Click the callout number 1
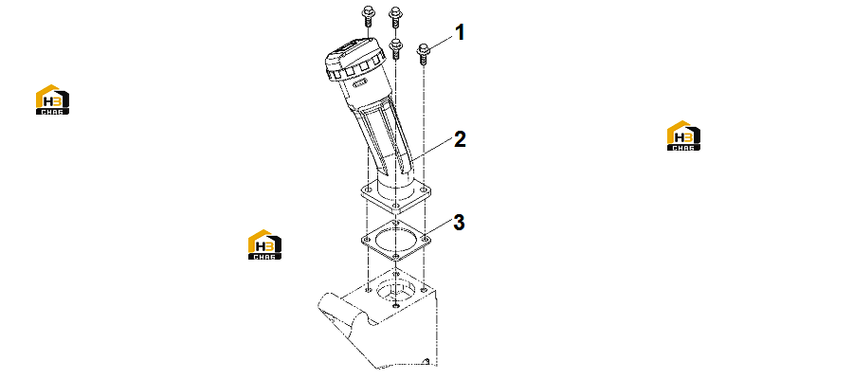coord(460,32)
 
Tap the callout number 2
coord(460,139)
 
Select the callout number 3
coord(459,223)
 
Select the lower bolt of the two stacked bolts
coord(396,49)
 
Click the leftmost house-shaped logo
coord(52,99)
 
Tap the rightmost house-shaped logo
coord(683,135)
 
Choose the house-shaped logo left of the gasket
coord(265,244)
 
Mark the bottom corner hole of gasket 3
coord(396,256)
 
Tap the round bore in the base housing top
coord(395,290)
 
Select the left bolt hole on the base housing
coord(369,290)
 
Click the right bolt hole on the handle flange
coord(424,189)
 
